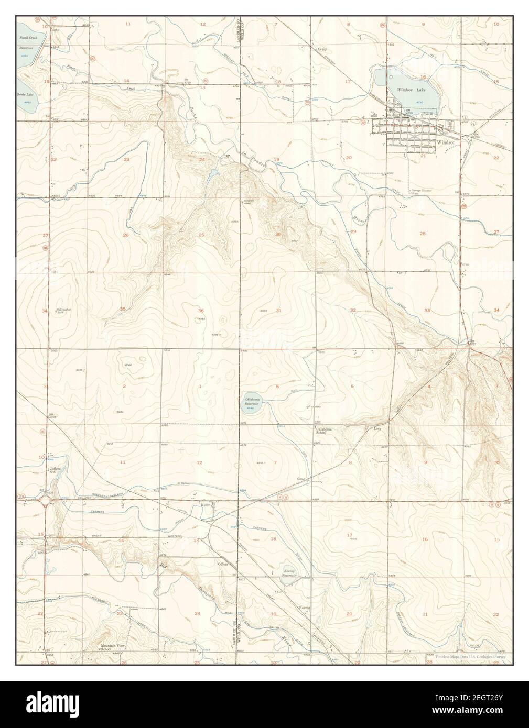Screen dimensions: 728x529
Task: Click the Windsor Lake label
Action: (411, 91)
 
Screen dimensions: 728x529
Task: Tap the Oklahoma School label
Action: (323, 431)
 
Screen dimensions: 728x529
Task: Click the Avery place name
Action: (321, 50)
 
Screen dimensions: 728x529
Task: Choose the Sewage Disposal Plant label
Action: (421, 191)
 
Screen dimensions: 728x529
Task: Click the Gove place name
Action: (301, 479)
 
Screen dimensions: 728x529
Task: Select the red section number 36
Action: (201, 311)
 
